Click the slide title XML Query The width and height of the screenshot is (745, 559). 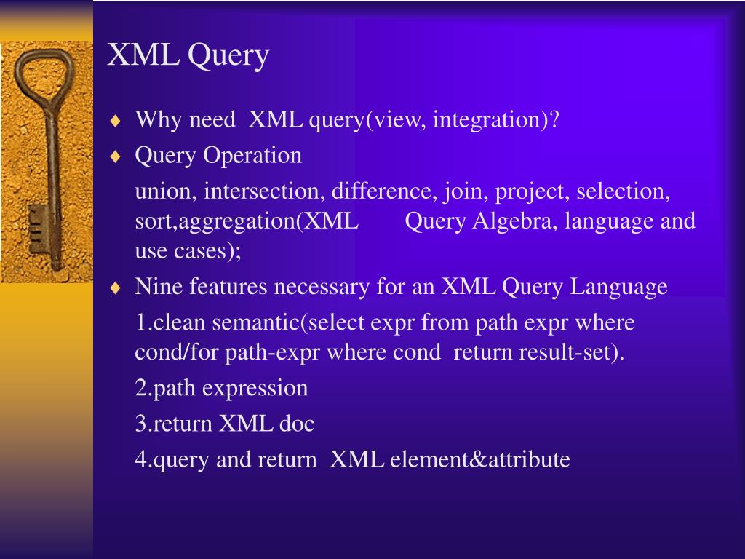tap(188, 56)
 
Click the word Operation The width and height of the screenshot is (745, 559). tap(252, 155)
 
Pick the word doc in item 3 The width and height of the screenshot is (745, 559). tap(297, 424)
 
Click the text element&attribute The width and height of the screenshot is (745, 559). tap(479, 460)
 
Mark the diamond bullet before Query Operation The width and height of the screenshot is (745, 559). tap(115, 156)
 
